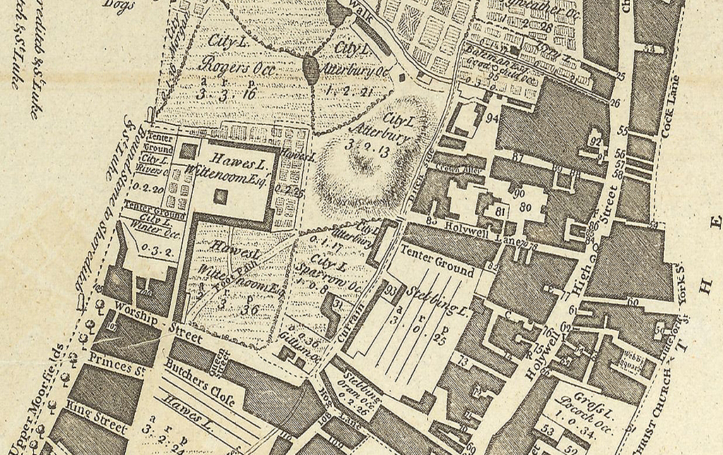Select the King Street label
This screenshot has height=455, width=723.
click(x=96, y=415)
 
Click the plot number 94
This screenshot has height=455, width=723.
click(x=492, y=118)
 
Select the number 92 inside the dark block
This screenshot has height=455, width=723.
click(x=596, y=141)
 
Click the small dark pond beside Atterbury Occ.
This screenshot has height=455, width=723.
click(x=310, y=68)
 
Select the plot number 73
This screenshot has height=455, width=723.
click(x=464, y=361)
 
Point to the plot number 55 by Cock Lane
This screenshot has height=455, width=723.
click(x=622, y=131)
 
